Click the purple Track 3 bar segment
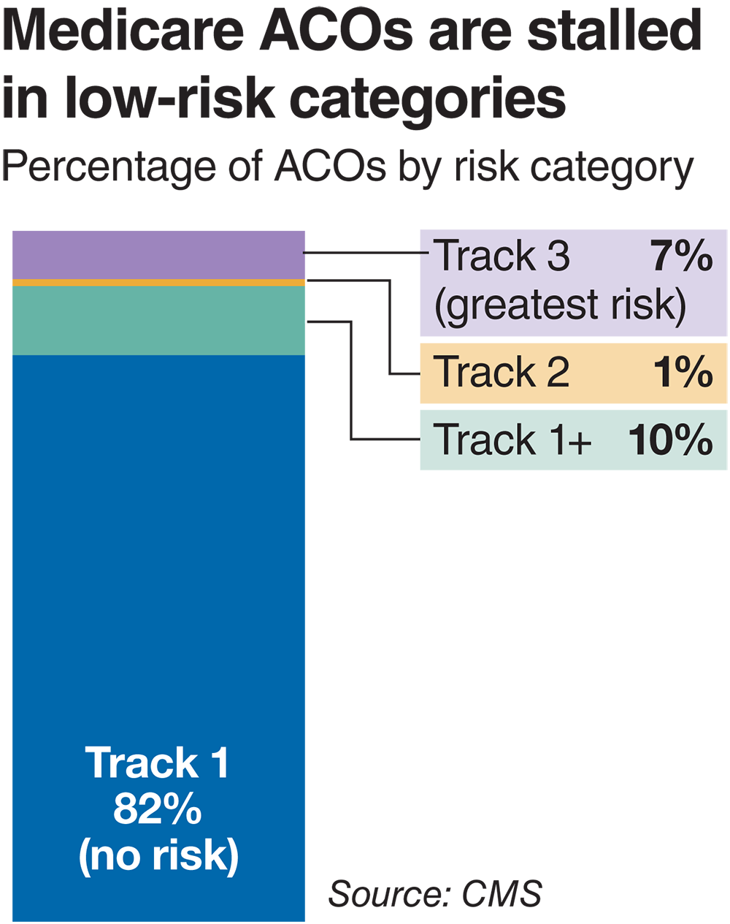pyautogui.click(x=158, y=254)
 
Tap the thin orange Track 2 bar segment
pyautogui.click(x=158, y=282)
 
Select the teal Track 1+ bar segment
pyautogui.click(x=158, y=320)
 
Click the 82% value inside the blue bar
pyautogui.click(x=158, y=809)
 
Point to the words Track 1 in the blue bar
pyautogui.click(x=158, y=763)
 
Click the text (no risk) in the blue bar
pyautogui.click(x=158, y=855)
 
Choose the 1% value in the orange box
pyautogui.click(x=683, y=372)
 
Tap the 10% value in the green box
pyautogui.click(x=670, y=440)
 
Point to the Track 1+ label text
pyautogui.click(x=512, y=440)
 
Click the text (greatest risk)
pyautogui.click(x=560, y=305)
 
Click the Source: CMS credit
pyautogui.click(x=435, y=893)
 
